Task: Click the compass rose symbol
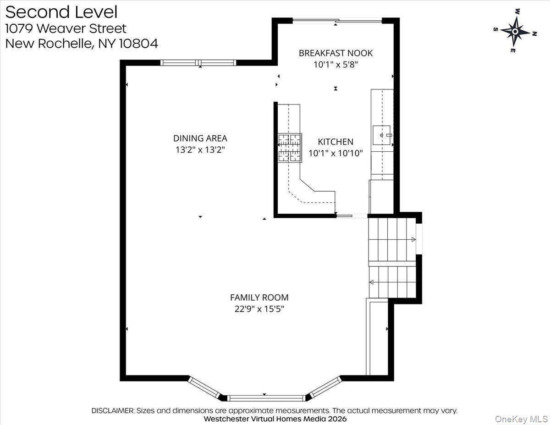tap(515, 32)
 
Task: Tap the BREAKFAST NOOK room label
tap(335, 53)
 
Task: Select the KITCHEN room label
tap(335, 142)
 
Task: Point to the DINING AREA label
tap(200, 138)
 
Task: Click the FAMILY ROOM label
tap(259, 298)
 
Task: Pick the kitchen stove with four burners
tap(290, 148)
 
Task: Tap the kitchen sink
tap(382, 135)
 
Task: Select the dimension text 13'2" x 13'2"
tap(200, 149)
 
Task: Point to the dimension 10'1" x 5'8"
tap(335, 65)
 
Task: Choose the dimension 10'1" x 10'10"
tap(335, 154)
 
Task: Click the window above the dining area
tap(198, 63)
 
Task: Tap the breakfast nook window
tap(337, 20)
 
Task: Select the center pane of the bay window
tap(266, 398)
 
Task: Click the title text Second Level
tap(61, 12)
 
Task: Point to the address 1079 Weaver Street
tap(66, 28)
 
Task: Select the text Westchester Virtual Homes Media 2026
tap(275, 419)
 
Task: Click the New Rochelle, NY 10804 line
tap(82, 44)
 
